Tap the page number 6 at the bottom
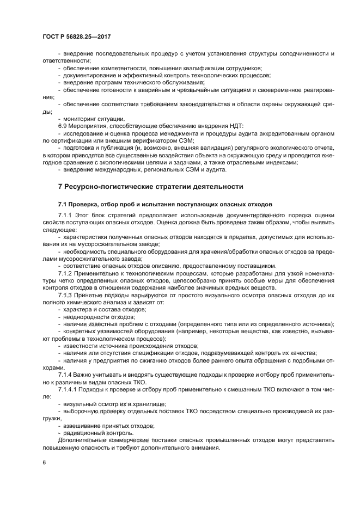click(x=44, y=462)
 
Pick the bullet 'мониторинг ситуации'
click(x=94, y=118)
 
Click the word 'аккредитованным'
click(x=270, y=133)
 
